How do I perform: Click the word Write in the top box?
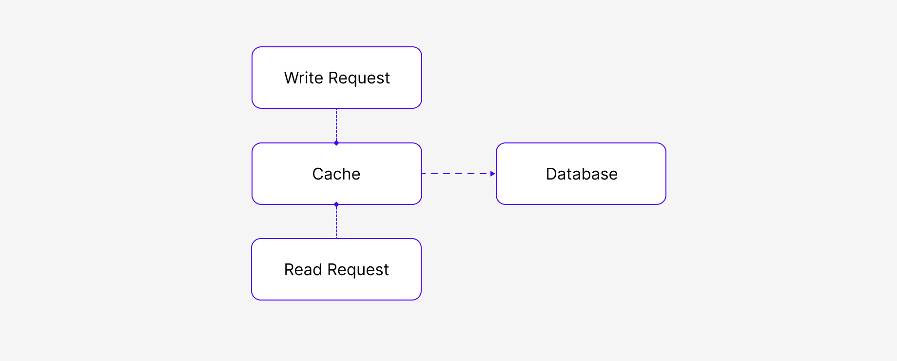[x=304, y=78]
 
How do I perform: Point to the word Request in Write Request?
[x=359, y=79]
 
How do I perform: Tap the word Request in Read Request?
[x=358, y=270]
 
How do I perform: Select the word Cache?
[x=336, y=174]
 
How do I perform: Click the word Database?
[x=582, y=174]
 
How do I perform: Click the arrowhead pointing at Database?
[x=493, y=174]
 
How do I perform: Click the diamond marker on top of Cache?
[x=336, y=143]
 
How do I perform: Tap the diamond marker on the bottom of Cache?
[x=336, y=204]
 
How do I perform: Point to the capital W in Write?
[x=292, y=78]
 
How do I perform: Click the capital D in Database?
[x=551, y=174]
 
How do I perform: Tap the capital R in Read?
[x=290, y=270]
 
